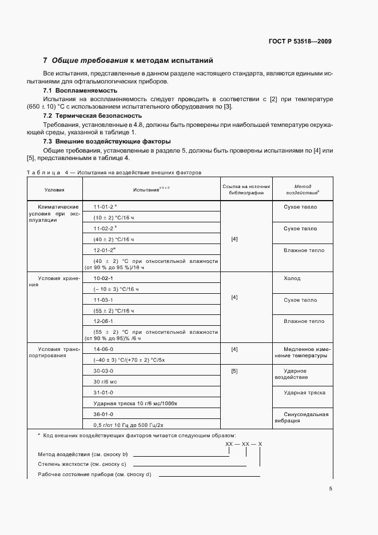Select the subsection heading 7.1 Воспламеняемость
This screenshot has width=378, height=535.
coord(81,91)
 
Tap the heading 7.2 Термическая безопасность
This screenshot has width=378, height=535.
coord(93,116)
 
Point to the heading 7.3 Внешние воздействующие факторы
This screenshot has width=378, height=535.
coord(107,141)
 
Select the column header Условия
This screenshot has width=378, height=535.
coord(55,189)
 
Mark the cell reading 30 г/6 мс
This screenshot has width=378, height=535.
coord(101,382)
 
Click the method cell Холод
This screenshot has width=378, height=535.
coord(292,278)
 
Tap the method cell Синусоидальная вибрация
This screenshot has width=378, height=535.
coord(305,417)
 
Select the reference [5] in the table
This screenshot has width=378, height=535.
coord(234,371)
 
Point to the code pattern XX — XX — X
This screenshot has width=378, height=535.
coord(244,444)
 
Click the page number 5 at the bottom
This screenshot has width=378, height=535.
coord(330,489)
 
